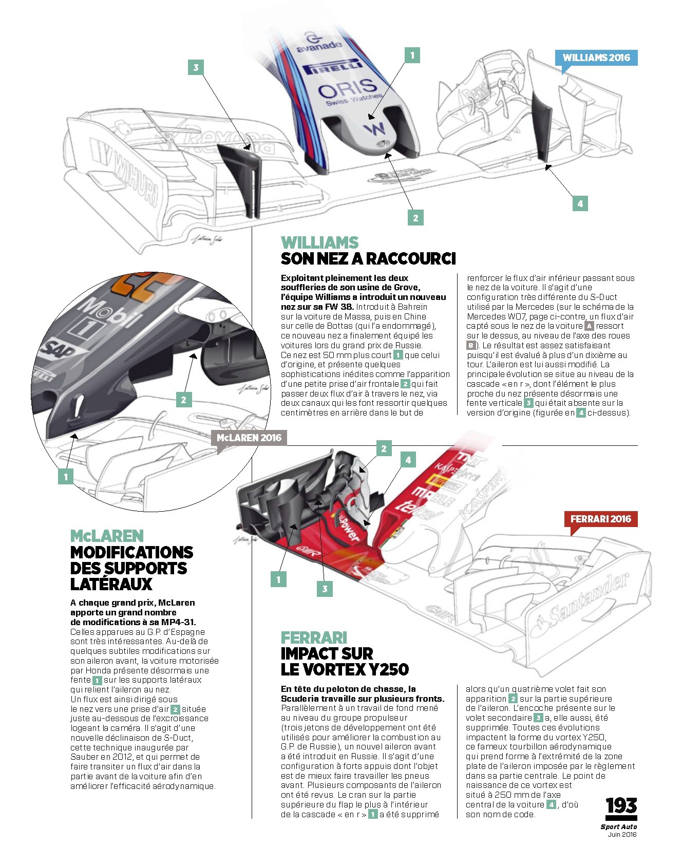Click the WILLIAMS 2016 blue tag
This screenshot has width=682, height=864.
596,58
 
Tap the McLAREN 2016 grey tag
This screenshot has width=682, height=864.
249,438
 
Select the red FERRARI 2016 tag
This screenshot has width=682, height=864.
600,519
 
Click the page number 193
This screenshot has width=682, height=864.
621,806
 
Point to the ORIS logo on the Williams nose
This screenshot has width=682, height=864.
347,89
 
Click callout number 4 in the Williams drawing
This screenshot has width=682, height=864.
580,203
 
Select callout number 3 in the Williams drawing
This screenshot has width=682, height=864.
196,67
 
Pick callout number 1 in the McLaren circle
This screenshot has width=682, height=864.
66,477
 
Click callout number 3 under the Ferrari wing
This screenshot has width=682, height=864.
325,589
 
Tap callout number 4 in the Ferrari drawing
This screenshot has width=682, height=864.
408,460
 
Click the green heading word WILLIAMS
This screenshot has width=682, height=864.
320,242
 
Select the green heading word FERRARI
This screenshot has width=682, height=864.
314,637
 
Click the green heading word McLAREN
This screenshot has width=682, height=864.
107,536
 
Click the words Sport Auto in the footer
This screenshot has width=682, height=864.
619,827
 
